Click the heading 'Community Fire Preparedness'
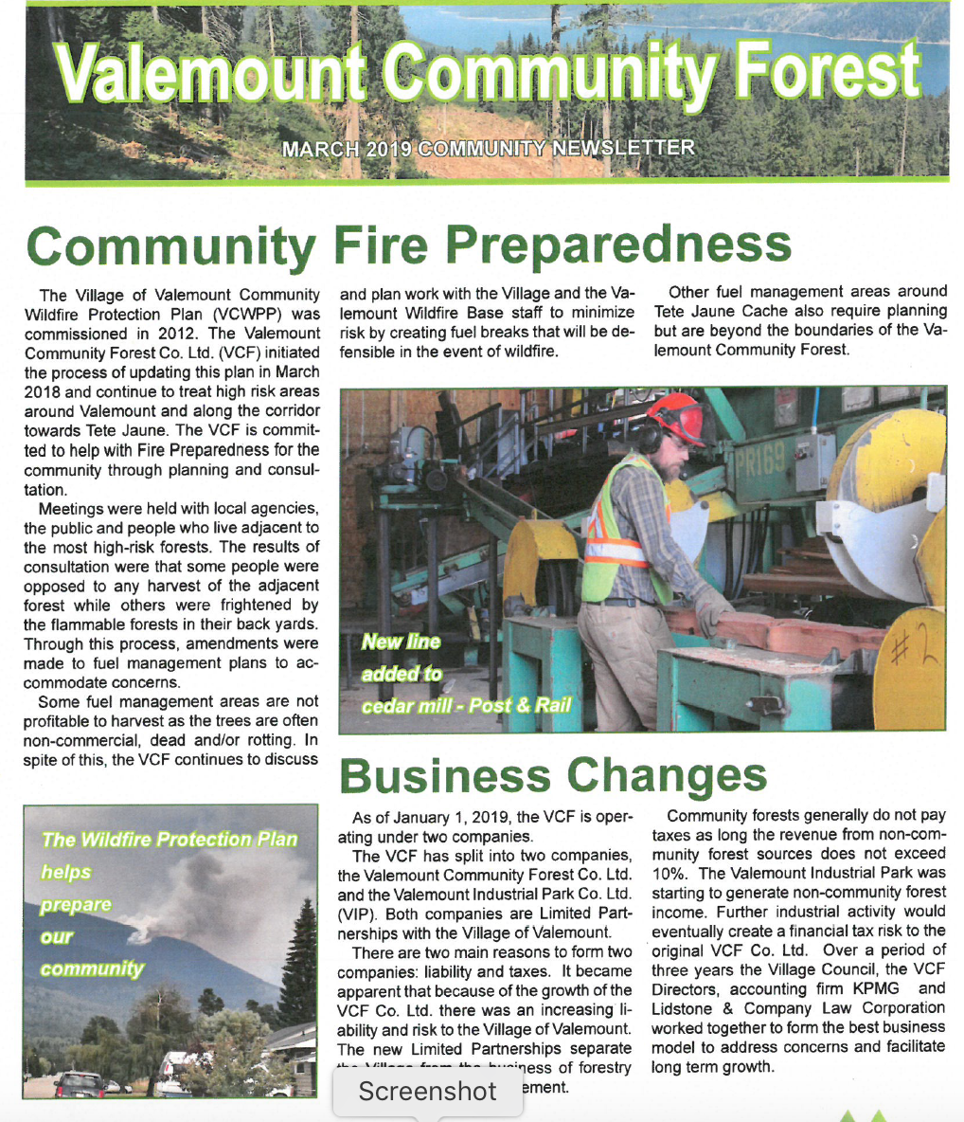pyautogui.click(x=407, y=244)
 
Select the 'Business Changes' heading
pyautogui.click(x=553, y=775)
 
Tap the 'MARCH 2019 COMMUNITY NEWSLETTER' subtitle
pyautogui.click(x=489, y=148)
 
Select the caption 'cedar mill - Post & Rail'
pyautogui.click(x=466, y=706)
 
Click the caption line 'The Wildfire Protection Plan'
pyautogui.click(x=170, y=840)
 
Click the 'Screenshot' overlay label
pyautogui.click(x=427, y=1092)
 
